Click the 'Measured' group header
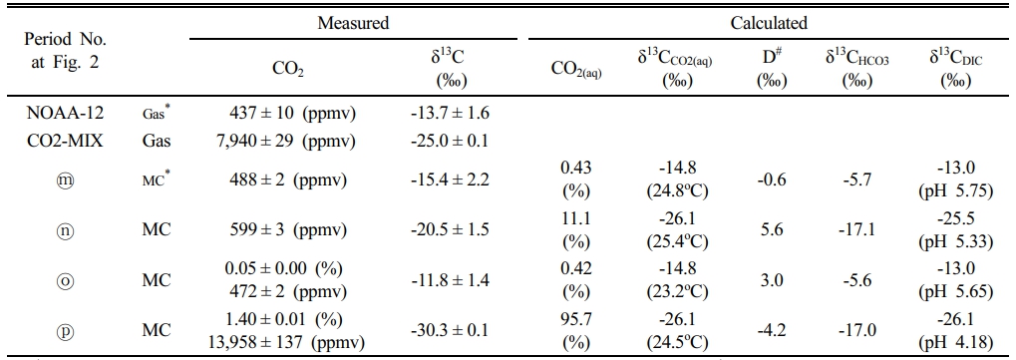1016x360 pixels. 353,23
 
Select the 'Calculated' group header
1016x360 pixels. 769,23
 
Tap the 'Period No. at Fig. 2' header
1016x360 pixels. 66,52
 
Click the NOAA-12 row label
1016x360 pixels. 65,113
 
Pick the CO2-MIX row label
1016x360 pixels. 65,140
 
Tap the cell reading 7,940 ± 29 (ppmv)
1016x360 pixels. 284,141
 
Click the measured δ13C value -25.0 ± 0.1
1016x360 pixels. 450,141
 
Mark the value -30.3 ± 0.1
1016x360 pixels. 450,330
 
